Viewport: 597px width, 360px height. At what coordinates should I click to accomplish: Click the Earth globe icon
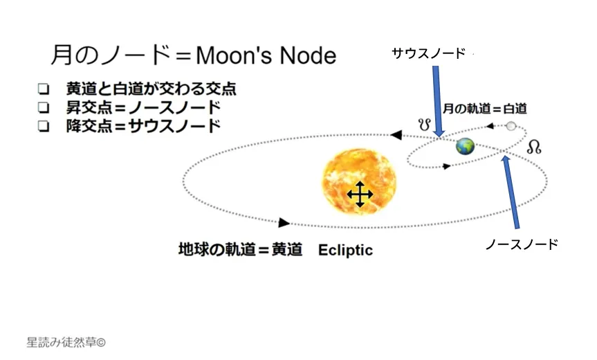[466, 146]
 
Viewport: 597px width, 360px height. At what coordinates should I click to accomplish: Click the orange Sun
[359, 181]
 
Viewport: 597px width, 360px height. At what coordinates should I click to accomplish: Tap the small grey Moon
[511, 126]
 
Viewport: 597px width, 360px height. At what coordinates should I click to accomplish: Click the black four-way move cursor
[360, 195]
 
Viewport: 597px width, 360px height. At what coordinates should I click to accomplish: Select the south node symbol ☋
[425, 124]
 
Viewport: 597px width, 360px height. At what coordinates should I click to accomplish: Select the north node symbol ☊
[534, 147]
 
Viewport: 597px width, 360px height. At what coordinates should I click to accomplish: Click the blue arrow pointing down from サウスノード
[438, 101]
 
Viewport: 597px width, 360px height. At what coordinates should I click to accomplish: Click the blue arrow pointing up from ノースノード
[511, 192]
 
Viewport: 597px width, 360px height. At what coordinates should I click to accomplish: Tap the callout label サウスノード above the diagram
[429, 53]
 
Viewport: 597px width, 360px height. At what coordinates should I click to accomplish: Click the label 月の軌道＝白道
[485, 109]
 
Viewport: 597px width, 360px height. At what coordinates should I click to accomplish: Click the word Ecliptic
[345, 251]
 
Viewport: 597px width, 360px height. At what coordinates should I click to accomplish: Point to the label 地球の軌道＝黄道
[240, 250]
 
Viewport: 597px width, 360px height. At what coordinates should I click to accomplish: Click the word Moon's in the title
[234, 55]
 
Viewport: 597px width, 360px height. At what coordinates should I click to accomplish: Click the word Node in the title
[308, 55]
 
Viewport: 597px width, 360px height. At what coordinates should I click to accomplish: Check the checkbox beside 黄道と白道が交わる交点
[44, 89]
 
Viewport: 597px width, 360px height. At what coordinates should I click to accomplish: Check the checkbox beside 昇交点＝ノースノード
[44, 108]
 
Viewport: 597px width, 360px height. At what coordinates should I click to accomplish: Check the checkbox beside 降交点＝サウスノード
[44, 126]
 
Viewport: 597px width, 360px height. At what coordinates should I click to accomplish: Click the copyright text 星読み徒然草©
[66, 343]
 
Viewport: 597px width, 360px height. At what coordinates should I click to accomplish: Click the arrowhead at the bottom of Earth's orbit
[284, 222]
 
